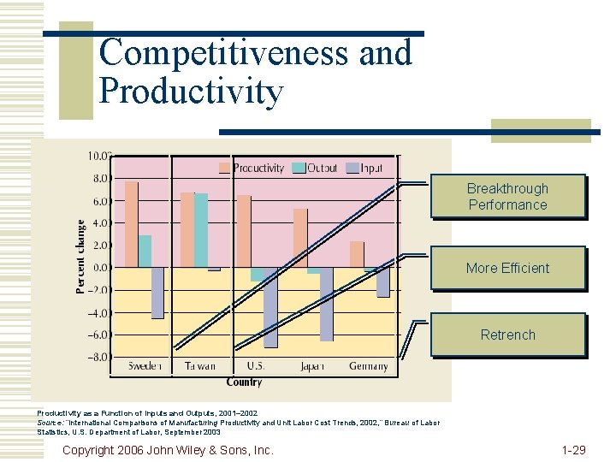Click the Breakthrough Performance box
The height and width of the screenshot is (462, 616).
tap(507, 197)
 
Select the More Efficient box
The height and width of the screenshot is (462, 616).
tap(507, 268)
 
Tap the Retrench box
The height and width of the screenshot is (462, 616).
tap(507, 335)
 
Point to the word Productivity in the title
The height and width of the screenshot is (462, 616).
tap(191, 91)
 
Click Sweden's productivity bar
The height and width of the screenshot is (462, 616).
tap(131, 224)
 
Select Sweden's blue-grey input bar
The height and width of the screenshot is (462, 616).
tap(157, 293)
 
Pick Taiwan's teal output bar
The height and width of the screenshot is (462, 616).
tap(201, 230)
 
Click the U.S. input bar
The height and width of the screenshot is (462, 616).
tap(270, 307)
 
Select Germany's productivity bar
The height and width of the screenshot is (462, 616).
tap(357, 254)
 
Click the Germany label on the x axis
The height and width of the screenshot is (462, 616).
tap(368, 366)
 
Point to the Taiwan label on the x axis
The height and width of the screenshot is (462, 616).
tap(199, 366)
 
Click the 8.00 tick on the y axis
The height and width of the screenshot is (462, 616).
tap(99, 179)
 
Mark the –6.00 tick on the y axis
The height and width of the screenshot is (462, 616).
tap(98, 335)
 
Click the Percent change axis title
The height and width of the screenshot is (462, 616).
tap(80, 257)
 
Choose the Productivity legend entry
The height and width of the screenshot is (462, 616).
tap(252, 168)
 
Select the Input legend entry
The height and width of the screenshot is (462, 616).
tap(364, 168)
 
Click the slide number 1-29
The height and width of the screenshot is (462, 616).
tap(573, 449)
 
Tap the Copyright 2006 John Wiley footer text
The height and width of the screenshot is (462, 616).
tap(169, 449)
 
